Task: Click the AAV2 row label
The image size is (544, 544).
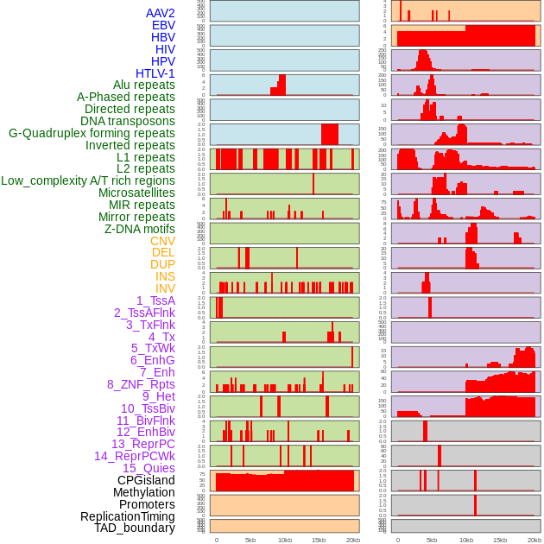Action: (x=161, y=13)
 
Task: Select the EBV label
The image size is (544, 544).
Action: (x=163, y=25)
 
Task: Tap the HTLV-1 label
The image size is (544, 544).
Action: (x=155, y=73)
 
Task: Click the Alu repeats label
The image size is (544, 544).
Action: (x=144, y=85)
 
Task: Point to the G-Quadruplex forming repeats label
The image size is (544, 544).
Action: (x=92, y=133)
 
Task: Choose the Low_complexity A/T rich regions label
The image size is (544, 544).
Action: (x=88, y=180)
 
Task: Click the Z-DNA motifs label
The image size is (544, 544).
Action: (x=140, y=229)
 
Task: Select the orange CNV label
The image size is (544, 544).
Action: (x=162, y=241)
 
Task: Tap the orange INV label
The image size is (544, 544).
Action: (x=165, y=288)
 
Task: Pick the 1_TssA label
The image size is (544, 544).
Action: (x=155, y=300)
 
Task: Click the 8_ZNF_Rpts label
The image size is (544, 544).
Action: (x=141, y=384)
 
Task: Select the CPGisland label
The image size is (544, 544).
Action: (x=146, y=480)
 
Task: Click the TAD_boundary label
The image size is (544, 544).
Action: (x=135, y=528)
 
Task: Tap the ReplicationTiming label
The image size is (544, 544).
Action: (x=128, y=516)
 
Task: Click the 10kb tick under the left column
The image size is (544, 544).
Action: (x=284, y=540)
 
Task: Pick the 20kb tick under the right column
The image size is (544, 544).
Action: (x=535, y=540)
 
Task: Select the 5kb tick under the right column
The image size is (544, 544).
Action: (x=432, y=540)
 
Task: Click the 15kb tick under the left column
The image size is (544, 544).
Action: (x=318, y=540)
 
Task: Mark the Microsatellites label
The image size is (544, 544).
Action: (x=136, y=193)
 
